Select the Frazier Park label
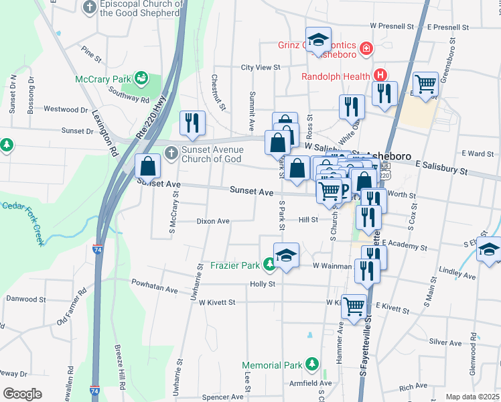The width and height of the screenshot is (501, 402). click(x=236, y=265)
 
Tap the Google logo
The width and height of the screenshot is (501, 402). click(x=22, y=394)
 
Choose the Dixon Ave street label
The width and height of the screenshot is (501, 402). click(x=213, y=221)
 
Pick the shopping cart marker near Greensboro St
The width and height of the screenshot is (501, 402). click(x=425, y=84)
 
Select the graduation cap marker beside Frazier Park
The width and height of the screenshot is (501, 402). click(x=286, y=255)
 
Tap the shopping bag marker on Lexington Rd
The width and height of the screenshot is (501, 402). click(x=147, y=165)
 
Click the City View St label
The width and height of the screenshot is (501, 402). click(x=260, y=68)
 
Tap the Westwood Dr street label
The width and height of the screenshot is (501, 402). click(x=66, y=109)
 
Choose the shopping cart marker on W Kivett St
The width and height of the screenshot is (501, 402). click(x=354, y=306)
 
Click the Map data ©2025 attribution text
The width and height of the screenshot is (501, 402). click(x=473, y=397)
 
